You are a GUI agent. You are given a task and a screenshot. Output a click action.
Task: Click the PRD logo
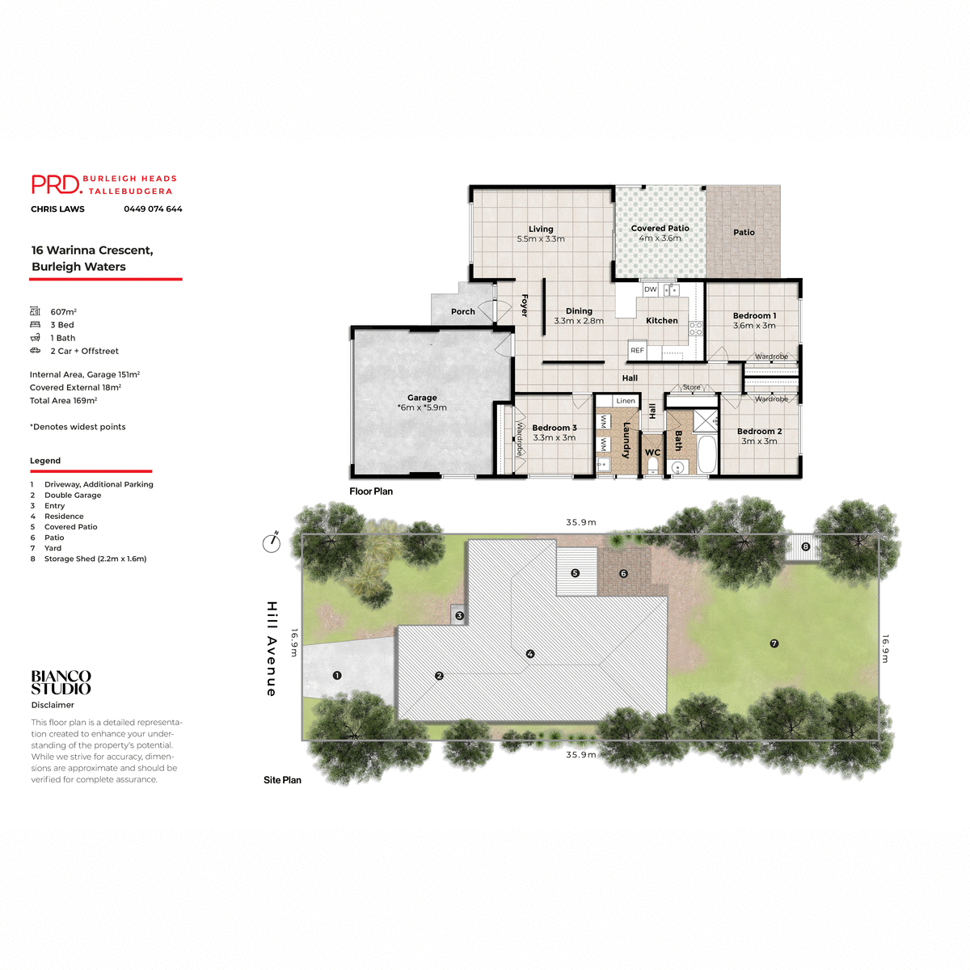[57, 184]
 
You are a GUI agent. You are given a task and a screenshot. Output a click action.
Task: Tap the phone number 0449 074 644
[153, 209]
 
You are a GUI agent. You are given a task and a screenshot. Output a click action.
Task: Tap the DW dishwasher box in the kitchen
[651, 289]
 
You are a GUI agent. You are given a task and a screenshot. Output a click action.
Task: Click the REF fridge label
[637, 351]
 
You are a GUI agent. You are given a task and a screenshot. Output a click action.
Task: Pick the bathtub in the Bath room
[706, 455]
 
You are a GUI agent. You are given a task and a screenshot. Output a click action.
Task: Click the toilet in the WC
[653, 466]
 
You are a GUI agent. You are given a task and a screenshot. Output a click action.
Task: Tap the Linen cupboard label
[626, 401]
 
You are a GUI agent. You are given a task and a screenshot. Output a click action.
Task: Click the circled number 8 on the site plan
[805, 546]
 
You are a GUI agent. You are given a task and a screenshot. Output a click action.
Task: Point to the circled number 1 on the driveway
[337, 675]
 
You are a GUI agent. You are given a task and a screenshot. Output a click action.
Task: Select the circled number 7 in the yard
[774, 643]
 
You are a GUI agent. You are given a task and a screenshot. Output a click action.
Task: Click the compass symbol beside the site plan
[272, 543]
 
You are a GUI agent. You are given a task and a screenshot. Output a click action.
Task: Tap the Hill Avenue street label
[272, 648]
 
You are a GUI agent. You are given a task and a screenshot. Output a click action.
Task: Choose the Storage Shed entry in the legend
[95, 559]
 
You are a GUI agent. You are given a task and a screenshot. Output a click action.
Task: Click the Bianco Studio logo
[61, 682]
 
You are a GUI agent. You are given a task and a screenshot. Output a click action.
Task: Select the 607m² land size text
[63, 312]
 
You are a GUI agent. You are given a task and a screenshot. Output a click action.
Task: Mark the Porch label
[463, 312]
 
